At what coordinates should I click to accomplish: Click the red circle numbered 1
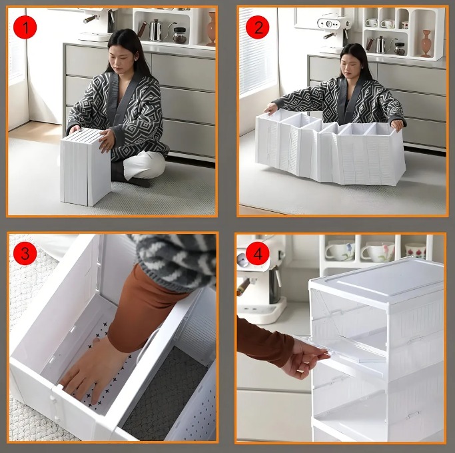(x=25, y=27)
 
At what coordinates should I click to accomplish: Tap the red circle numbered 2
(x=257, y=27)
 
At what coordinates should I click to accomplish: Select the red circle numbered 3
(x=25, y=253)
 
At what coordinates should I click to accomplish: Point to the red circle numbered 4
(x=258, y=253)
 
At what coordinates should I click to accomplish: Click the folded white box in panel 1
(x=85, y=167)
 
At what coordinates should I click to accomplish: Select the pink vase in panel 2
(x=426, y=43)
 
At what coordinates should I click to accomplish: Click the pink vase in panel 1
(x=211, y=29)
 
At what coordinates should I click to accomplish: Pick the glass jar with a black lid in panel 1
(x=180, y=35)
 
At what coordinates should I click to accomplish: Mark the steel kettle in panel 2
(x=380, y=45)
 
